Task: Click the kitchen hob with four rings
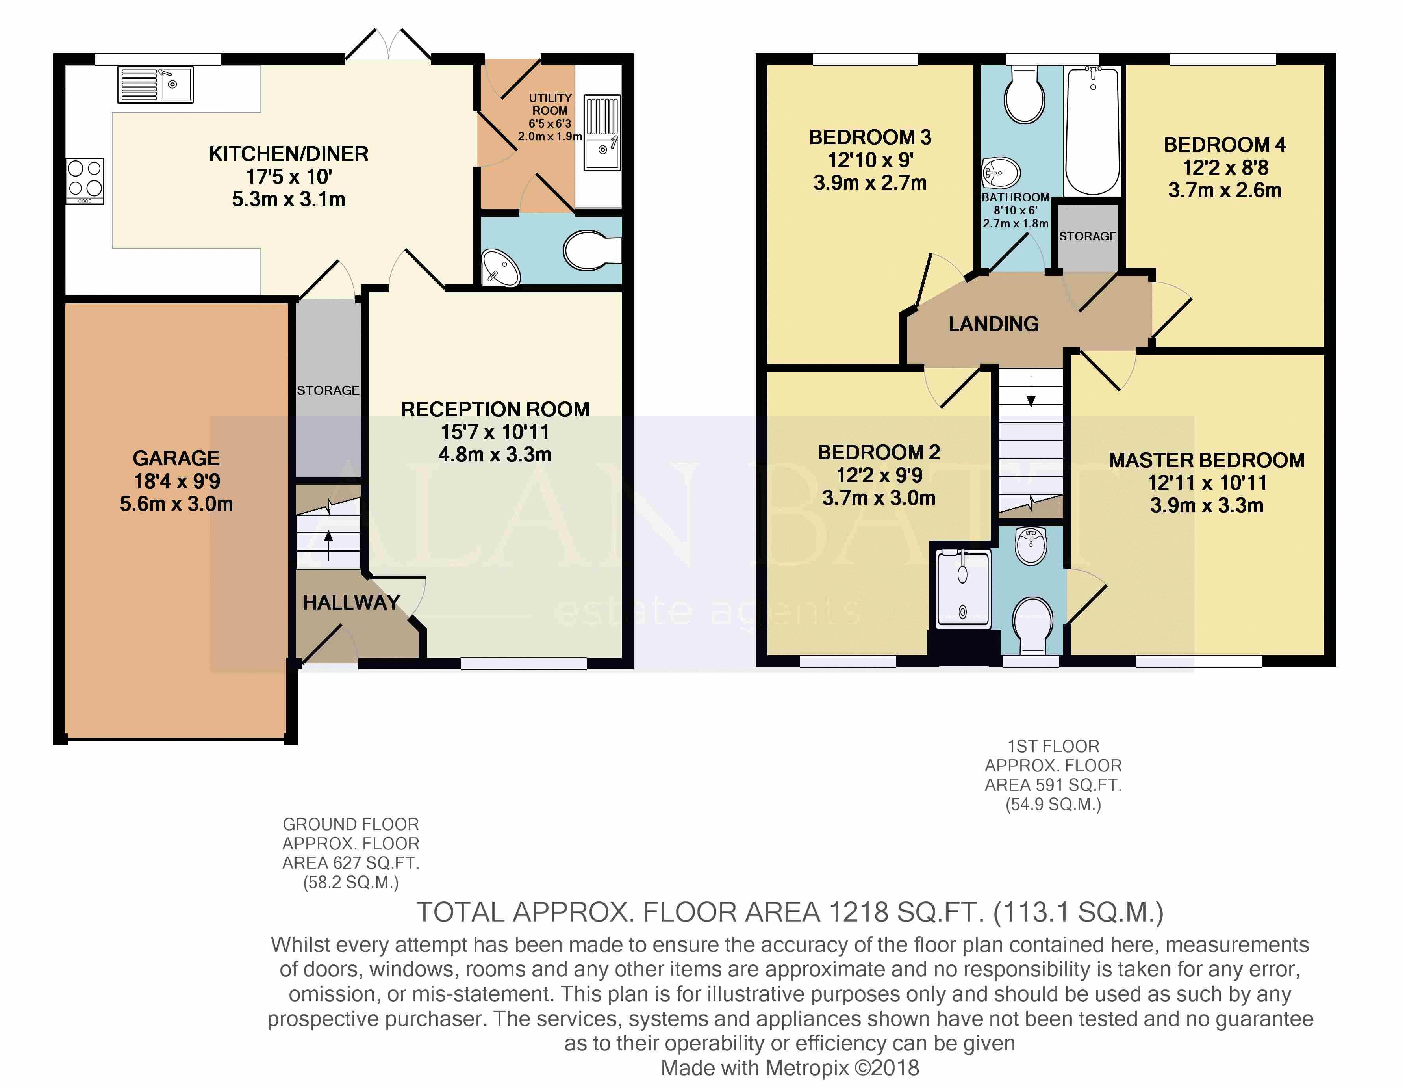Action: [x=85, y=182]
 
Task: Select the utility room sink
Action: [x=602, y=133]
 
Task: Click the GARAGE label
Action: [x=176, y=458]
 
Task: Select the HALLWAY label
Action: [x=351, y=602]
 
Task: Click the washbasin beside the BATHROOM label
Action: [x=1001, y=173]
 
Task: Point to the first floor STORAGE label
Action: [x=1088, y=236]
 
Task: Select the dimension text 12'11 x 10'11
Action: [x=1207, y=483]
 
